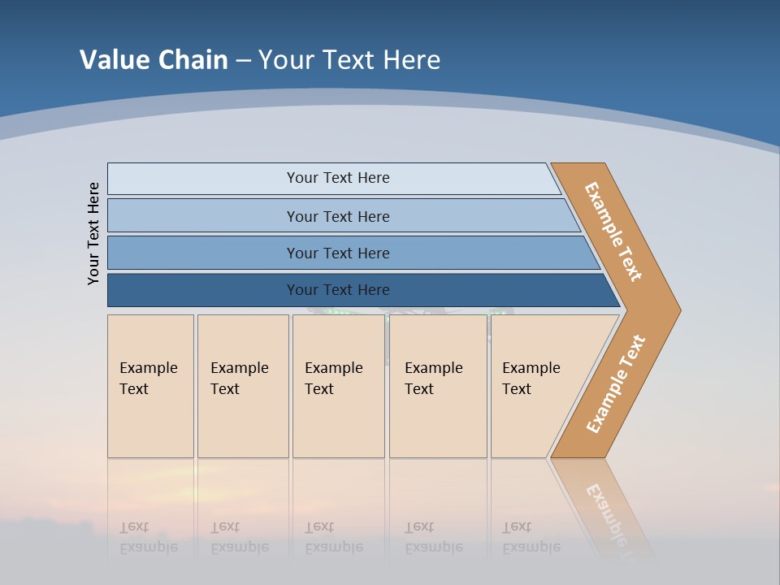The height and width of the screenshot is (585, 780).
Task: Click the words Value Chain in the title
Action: (x=154, y=59)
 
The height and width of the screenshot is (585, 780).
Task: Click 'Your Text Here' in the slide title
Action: (x=349, y=59)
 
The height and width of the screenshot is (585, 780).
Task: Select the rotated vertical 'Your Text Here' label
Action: (x=93, y=233)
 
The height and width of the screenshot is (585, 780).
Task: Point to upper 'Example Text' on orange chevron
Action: (x=613, y=232)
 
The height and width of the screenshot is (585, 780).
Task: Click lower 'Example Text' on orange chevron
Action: (x=616, y=383)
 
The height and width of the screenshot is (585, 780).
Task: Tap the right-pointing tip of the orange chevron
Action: (x=674, y=310)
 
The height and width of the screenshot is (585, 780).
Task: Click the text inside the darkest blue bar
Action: (x=338, y=290)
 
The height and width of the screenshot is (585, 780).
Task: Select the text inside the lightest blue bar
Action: (x=338, y=178)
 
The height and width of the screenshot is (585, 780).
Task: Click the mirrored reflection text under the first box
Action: (x=148, y=537)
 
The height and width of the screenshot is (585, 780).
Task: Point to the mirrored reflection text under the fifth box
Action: (x=531, y=537)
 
